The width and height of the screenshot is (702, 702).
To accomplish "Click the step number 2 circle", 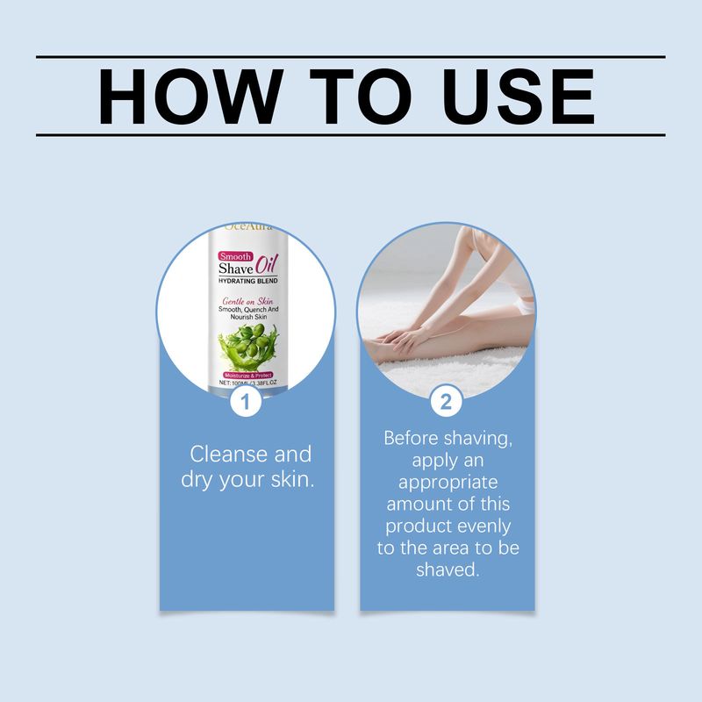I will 446,403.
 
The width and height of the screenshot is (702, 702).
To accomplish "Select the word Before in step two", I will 415,438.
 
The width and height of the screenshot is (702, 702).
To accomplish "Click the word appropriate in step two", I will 447,483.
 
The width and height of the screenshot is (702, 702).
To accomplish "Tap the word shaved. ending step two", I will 447,569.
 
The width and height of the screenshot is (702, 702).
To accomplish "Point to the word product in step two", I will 416,526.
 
